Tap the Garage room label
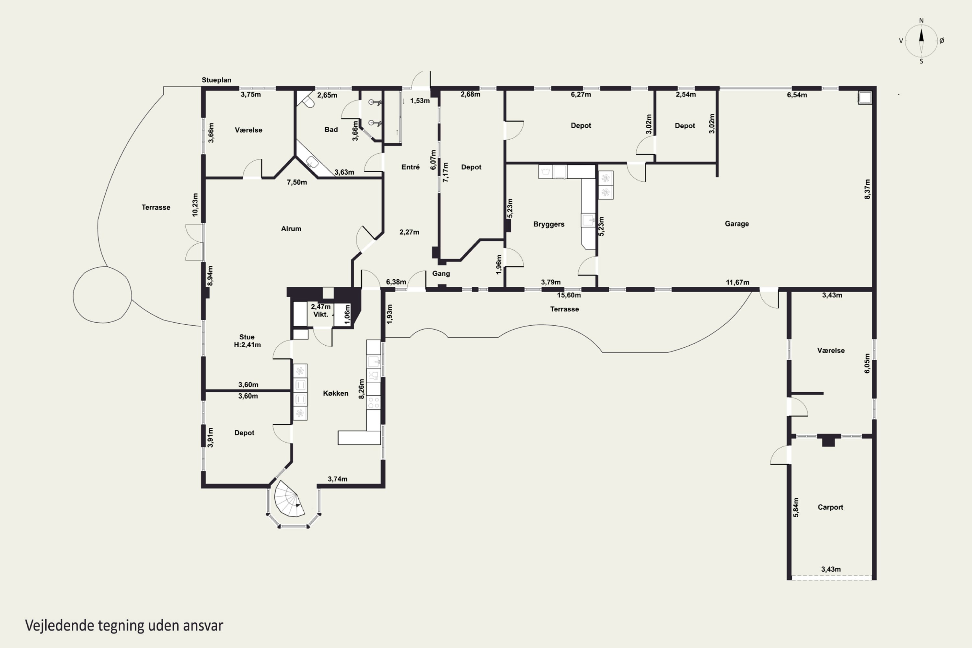[x=736, y=224]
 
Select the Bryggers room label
[x=549, y=224]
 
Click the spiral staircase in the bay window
[x=289, y=499]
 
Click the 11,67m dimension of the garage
[x=737, y=282]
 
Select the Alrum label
[x=291, y=228]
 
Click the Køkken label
[x=336, y=393]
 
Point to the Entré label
[x=411, y=167]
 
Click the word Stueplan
[x=216, y=80]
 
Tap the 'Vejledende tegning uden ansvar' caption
[x=124, y=625]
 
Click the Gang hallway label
[x=441, y=273]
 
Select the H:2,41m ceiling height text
[x=247, y=345]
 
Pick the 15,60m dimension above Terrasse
[x=569, y=295]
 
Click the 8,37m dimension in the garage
[x=867, y=189]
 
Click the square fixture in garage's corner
[x=865, y=98]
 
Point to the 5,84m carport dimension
[x=796, y=507]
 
